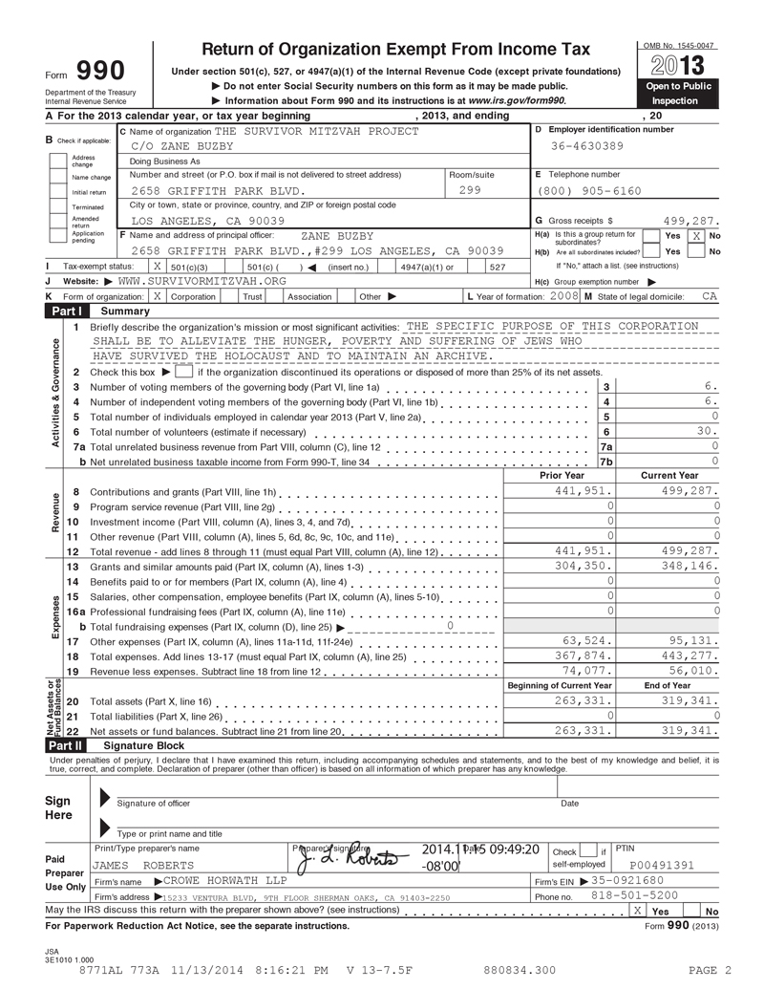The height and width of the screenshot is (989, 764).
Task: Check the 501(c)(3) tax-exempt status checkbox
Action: click(158, 266)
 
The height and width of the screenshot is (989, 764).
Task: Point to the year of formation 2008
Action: click(564, 296)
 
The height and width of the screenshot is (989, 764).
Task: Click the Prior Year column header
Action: click(562, 475)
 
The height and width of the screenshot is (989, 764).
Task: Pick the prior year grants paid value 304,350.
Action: click(583, 566)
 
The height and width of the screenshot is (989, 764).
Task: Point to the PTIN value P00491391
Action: click(662, 866)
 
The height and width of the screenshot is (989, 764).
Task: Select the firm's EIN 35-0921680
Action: click(627, 880)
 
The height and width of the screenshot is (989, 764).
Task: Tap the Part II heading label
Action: click(65, 744)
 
